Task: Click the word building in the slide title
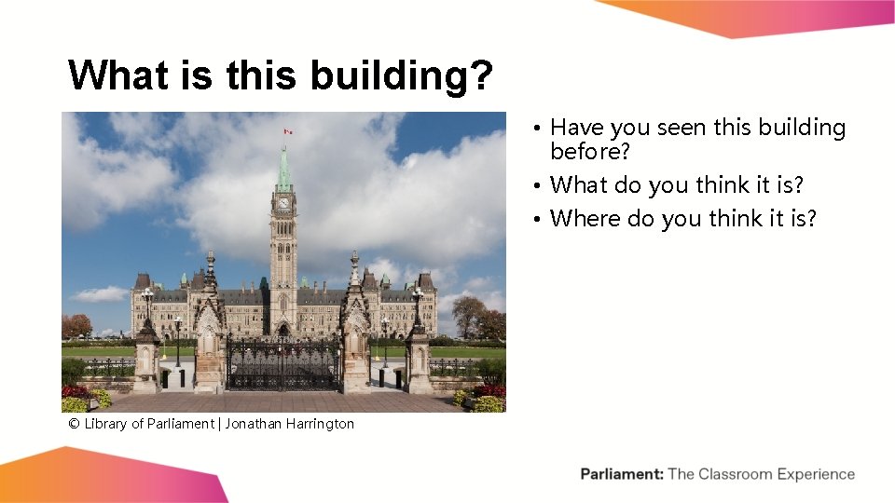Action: click(x=392, y=76)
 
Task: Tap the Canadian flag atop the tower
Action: click(x=288, y=131)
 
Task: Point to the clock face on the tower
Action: click(x=283, y=202)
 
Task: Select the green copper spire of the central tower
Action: click(x=283, y=170)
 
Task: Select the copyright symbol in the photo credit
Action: click(x=73, y=424)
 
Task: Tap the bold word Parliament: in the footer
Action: click(x=622, y=474)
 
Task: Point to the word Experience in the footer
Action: click(x=817, y=474)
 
